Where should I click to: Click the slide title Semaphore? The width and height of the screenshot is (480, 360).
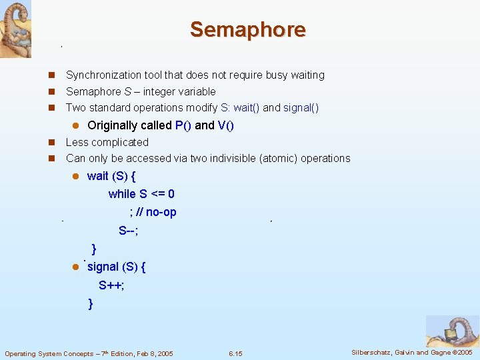click(247, 29)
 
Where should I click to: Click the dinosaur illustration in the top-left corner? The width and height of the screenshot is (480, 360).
click(15, 29)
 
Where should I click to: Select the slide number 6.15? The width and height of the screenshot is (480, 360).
click(235, 353)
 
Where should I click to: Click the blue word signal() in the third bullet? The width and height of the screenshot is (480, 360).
click(301, 107)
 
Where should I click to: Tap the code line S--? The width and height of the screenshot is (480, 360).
click(129, 231)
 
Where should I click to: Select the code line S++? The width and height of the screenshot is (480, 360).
click(111, 285)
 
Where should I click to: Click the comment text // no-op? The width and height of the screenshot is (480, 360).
click(157, 212)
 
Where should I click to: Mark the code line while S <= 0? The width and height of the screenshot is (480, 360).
click(141, 194)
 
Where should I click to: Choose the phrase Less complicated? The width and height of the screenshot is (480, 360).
click(107, 142)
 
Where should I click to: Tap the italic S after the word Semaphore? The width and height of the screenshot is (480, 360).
click(127, 91)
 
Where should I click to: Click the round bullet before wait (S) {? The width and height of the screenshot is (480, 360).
click(76, 176)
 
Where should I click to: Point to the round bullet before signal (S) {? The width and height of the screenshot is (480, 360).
click(76, 267)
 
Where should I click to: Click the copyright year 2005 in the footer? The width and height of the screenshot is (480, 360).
click(463, 352)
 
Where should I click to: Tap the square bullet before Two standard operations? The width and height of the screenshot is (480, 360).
click(51, 108)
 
